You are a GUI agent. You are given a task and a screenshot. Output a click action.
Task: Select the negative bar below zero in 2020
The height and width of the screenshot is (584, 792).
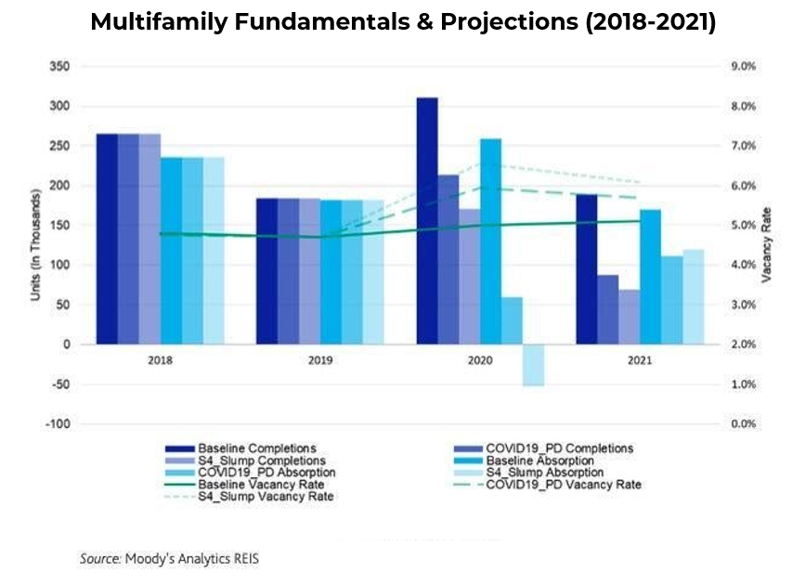click(533, 365)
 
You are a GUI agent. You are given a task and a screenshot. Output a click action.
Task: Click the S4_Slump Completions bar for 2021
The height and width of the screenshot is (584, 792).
click(630, 317)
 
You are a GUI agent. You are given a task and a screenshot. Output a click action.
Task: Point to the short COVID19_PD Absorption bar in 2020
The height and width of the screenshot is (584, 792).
click(513, 320)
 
